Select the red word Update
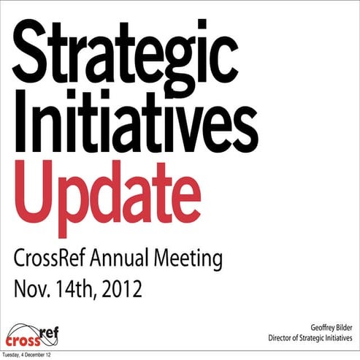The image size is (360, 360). [107, 191]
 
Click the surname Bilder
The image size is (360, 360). [345, 328]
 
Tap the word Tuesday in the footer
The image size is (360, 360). [12, 355]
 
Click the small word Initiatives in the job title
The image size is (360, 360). [337, 339]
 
